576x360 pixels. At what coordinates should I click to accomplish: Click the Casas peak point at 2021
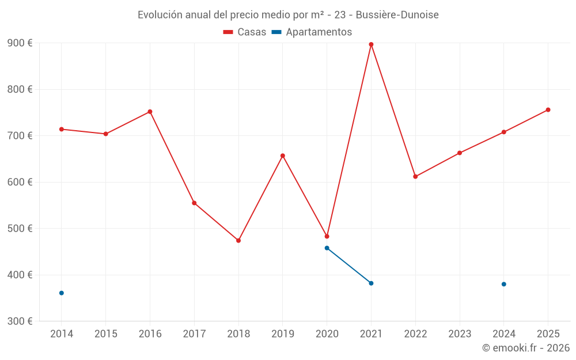coord(371,44)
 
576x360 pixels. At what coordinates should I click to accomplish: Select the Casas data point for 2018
coord(238,240)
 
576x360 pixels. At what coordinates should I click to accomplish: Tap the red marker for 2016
coord(150,112)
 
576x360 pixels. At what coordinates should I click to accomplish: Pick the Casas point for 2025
coord(548,109)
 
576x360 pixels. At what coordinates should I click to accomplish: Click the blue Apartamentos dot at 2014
coord(62,293)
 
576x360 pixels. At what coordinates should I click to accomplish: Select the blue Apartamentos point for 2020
coord(327,248)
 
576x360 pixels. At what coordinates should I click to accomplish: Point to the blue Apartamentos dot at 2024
coord(503,284)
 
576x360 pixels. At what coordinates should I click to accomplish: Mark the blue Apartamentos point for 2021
coord(371,283)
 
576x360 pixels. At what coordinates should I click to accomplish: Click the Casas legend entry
coord(245,32)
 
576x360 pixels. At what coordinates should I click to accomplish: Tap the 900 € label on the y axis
coord(20,43)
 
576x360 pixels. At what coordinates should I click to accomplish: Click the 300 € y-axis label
coord(20,321)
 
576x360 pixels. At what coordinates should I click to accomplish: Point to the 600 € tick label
coord(20,182)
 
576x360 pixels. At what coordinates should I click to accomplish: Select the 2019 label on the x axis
coord(282,334)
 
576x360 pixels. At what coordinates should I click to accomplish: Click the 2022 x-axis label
coord(415,334)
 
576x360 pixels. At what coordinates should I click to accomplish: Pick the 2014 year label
coord(62,334)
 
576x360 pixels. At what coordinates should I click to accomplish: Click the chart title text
coord(288,15)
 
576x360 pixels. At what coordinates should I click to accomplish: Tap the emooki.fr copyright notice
coord(525,348)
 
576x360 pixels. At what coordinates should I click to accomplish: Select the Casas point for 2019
coord(282,156)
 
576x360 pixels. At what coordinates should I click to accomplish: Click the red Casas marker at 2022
coord(415,177)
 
